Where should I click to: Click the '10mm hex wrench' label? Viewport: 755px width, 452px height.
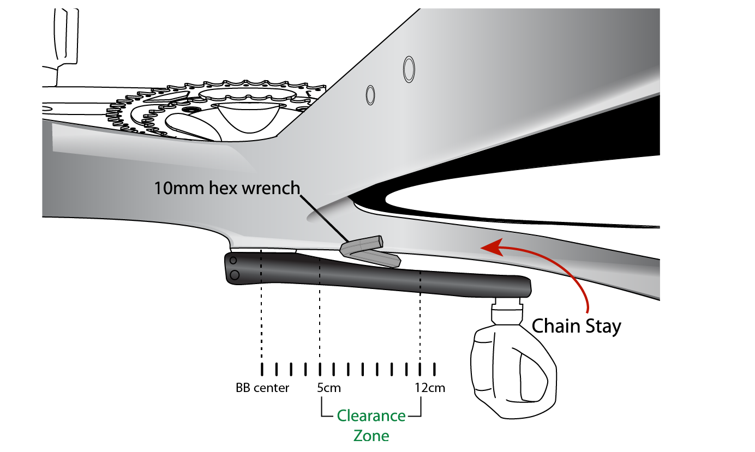[x=227, y=189]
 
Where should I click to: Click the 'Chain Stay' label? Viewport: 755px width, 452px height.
[x=577, y=326]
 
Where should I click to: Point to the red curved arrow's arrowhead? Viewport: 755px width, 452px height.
[x=487, y=248]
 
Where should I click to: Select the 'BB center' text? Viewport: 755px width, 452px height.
[x=262, y=388]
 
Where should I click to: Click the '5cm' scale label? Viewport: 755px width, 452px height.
[x=329, y=388]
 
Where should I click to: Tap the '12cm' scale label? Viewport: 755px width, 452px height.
[x=429, y=388]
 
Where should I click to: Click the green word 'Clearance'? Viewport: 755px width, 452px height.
[x=371, y=416]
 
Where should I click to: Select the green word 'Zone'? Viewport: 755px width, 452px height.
[x=371, y=436]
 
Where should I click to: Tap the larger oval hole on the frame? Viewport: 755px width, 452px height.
[x=409, y=68]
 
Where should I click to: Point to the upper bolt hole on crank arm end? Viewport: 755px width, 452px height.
[x=232, y=261]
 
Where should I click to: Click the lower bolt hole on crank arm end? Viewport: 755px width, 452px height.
[x=234, y=275]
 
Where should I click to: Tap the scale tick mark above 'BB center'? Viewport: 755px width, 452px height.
[x=262, y=369]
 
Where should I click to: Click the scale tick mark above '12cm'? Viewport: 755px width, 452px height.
[x=420, y=369]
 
